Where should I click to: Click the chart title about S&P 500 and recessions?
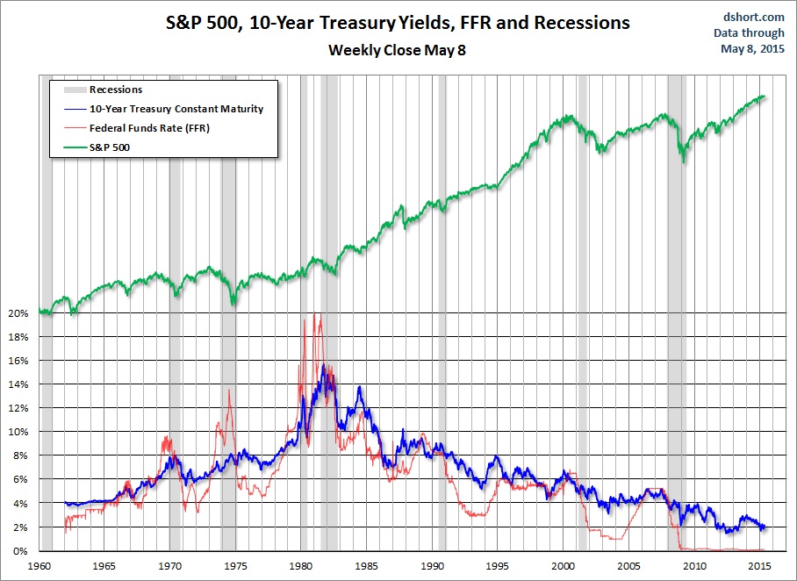(398, 23)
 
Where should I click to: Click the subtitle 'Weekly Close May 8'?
(397, 50)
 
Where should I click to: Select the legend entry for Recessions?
(116, 90)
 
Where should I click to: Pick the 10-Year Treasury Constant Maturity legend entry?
(176, 110)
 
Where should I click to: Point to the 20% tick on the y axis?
(18, 313)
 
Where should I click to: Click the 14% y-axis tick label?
(18, 384)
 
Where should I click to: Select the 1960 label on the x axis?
(39, 566)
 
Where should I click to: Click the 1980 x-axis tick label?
(302, 566)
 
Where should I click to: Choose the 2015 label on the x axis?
(760, 566)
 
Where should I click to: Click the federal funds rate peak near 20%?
(317, 314)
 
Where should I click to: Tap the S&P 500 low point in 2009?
(683, 162)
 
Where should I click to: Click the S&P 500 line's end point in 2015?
(765, 97)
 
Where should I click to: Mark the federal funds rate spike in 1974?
(229, 391)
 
